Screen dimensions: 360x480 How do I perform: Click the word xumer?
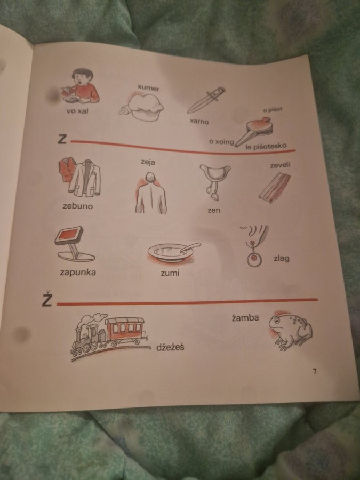coord(148,88)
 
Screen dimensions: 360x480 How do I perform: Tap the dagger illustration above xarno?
coord(206,100)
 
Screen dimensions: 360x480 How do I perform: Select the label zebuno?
coord(78,206)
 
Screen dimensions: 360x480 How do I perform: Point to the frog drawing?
coord(290,331)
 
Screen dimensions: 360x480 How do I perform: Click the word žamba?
coord(245,318)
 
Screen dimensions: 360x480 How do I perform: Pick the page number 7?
coord(314,371)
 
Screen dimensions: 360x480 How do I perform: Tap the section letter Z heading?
coord(62,140)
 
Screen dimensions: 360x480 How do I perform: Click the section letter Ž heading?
coord(47,299)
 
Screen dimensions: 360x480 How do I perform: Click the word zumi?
coord(170,273)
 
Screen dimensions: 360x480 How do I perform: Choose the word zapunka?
coord(78,272)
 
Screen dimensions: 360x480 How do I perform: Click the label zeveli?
coord(280,165)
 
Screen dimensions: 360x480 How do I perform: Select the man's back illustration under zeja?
coord(150,193)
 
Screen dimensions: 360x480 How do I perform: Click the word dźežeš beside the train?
coord(170,347)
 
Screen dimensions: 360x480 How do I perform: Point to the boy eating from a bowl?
coord(80,86)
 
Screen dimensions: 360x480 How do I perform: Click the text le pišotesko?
coord(266,146)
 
